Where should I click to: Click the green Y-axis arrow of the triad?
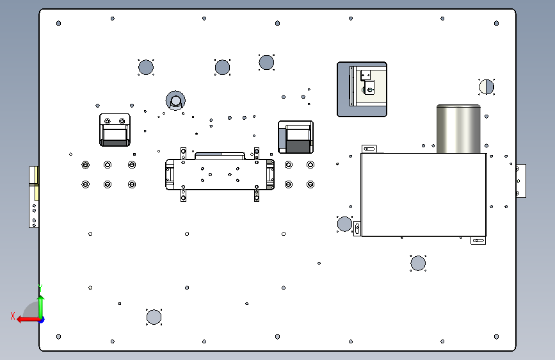point(40,300)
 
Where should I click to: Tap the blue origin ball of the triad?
point(41,319)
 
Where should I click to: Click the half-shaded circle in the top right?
point(487,86)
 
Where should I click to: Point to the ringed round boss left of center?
point(175,99)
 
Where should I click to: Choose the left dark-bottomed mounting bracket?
point(115,130)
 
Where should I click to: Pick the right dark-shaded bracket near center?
point(295,137)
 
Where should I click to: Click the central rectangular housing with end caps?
point(220,174)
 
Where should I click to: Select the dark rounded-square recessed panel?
point(362,89)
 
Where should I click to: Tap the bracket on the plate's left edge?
point(34,196)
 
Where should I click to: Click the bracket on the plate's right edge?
point(521,181)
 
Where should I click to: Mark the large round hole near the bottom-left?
point(154,317)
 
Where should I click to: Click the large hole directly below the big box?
point(418,263)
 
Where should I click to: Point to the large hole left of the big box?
point(344,224)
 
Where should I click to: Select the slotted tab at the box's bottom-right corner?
point(478,241)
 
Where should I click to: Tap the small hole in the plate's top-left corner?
point(58,24)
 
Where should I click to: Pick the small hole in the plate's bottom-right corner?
point(497,336)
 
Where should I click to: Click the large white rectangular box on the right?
point(423,195)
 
